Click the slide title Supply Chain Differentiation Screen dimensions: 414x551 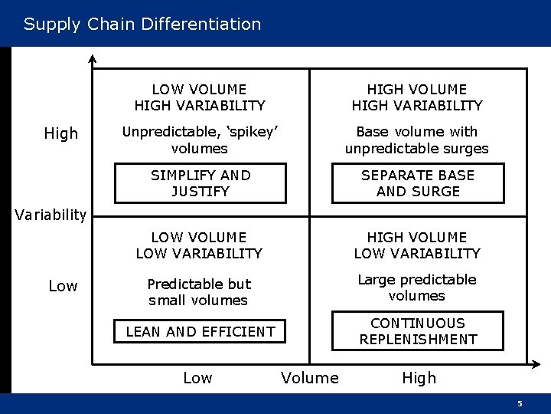point(142,24)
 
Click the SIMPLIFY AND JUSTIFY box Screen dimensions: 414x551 point(201,183)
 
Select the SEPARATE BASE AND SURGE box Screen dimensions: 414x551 point(418,183)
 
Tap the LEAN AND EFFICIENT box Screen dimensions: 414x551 point(201,331)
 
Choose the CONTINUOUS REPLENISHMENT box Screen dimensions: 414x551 point(418,331)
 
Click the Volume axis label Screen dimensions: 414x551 point(310,377)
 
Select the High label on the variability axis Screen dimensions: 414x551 point(61,133)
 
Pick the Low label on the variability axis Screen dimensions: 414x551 point(63,286)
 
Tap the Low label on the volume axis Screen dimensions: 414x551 point(197,377)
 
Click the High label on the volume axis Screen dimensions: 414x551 point(419,377)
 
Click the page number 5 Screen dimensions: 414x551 point(520,403)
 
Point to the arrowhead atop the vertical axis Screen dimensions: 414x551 point(92,58)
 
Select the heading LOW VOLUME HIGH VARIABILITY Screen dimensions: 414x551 point(200,97)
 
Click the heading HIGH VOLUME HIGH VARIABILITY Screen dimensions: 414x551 point(417,97)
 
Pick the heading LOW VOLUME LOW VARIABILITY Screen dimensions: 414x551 point(199,245)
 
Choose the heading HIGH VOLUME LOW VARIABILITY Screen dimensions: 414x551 point(417,245)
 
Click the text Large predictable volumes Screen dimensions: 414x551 point(417,287)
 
